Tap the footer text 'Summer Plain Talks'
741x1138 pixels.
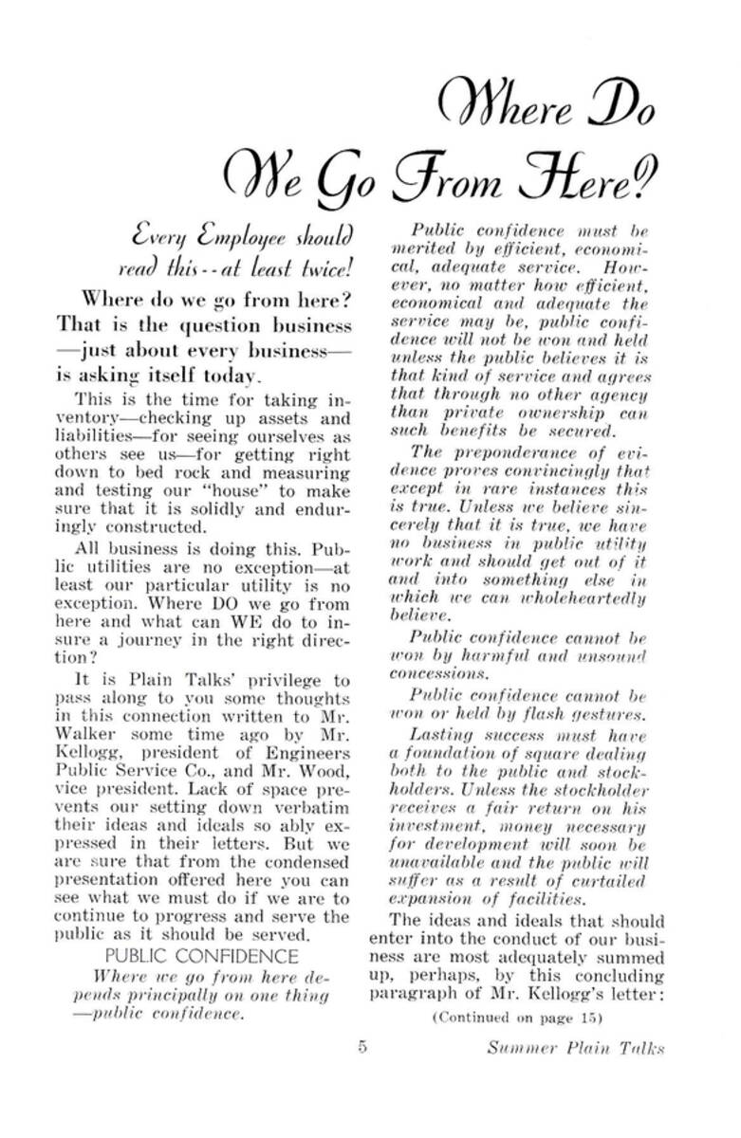[x=575, y=1048]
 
